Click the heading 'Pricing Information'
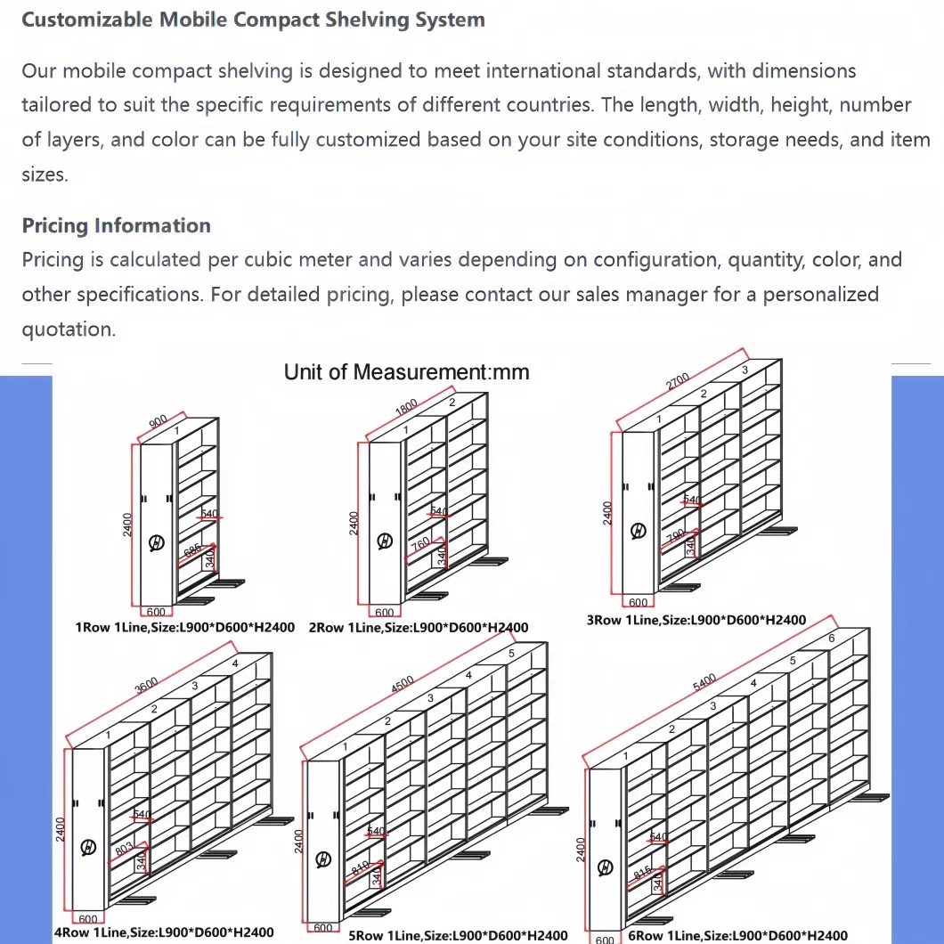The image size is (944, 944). point(116,225)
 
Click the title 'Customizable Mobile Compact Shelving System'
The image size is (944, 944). point(253,20)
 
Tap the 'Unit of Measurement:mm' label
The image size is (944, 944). point(406,372)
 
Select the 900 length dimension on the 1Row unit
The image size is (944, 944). point(158,422)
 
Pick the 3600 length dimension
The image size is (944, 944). point(146,684)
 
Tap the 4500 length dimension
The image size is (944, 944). point(403,685)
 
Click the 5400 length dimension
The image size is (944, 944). point(704,682)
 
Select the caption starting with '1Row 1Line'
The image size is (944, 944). point(186,627)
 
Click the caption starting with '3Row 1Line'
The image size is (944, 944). point(696,620)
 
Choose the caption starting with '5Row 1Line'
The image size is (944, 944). point(458,935)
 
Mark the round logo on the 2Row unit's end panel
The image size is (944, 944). point(385,541)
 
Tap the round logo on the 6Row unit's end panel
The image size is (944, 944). point(606,867)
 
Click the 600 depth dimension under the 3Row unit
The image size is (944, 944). point(639,603)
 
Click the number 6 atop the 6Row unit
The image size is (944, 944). point(831,639)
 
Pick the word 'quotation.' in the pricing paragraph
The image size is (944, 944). point(69,330)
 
